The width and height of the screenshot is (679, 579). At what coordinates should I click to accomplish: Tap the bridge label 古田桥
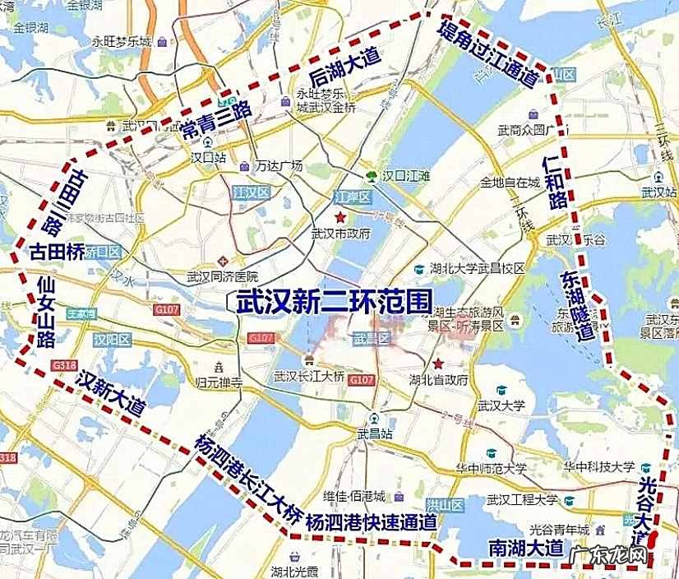56,252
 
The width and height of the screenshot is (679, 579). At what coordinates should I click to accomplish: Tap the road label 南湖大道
526,547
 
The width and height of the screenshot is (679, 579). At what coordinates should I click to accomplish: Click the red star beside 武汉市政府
340,216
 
